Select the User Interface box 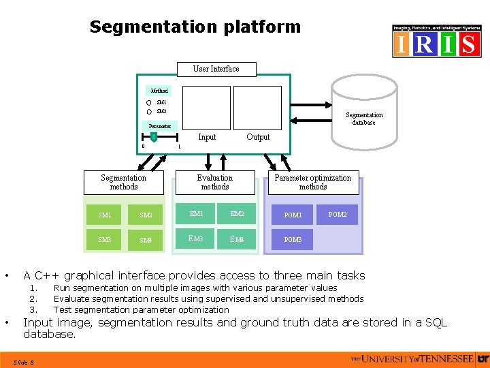(x=216, y=69)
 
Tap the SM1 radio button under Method (x=149, y=102)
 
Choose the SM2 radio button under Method (x=149, y=111)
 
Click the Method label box (x=159, y=91)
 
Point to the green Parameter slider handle (x=154, y=137)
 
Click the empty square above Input (x=208, y=107)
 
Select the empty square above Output (x=257, y=107)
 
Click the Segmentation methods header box (x=123, y=183)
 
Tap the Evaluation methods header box (x=215, y=183)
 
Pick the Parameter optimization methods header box (x=313, y=183)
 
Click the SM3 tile (x=105, y=240)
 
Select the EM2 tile (x=237, y=214)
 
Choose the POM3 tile (x=293, y=240)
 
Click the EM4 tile (x=237, y=239)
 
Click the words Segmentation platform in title (x=195, y=27)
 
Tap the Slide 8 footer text (x=25, y=362)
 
